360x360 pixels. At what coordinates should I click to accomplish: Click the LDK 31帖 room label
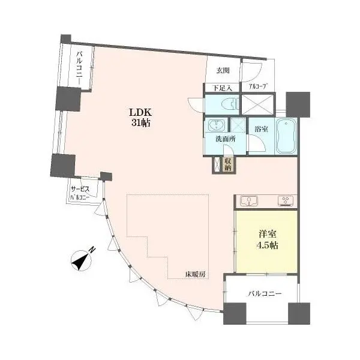tap(140, 118)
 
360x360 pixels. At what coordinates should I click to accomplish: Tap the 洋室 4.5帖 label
tap(267, 239)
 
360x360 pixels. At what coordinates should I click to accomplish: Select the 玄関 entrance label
tap(223, 70)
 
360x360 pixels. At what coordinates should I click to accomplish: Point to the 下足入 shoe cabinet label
tap(222, 88)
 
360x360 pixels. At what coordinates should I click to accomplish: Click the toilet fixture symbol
tap(230, 104)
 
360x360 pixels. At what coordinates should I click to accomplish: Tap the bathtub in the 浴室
tap(286, 136)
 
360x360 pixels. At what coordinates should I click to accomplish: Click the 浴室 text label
tap(261, 129)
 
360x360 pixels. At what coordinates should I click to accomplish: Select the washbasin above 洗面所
tap(216, 125)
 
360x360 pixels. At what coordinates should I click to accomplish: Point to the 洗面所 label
tap(225, 139)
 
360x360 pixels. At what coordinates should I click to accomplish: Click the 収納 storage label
tap(228, 164)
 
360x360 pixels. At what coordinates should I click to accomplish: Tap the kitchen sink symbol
tap(248, 200)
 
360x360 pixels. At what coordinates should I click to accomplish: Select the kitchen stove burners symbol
tap(286, 200)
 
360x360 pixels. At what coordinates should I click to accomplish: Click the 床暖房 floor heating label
tap(196, 274)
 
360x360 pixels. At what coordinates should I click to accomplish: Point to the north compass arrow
tap(81, 260)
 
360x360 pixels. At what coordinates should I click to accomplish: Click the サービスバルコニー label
tap(80, 193)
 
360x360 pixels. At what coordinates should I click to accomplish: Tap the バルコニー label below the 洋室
tap(264, 294)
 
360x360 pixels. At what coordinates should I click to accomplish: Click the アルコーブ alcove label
tap(259, 87)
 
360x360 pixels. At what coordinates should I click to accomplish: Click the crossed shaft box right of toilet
tap(257, 104)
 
